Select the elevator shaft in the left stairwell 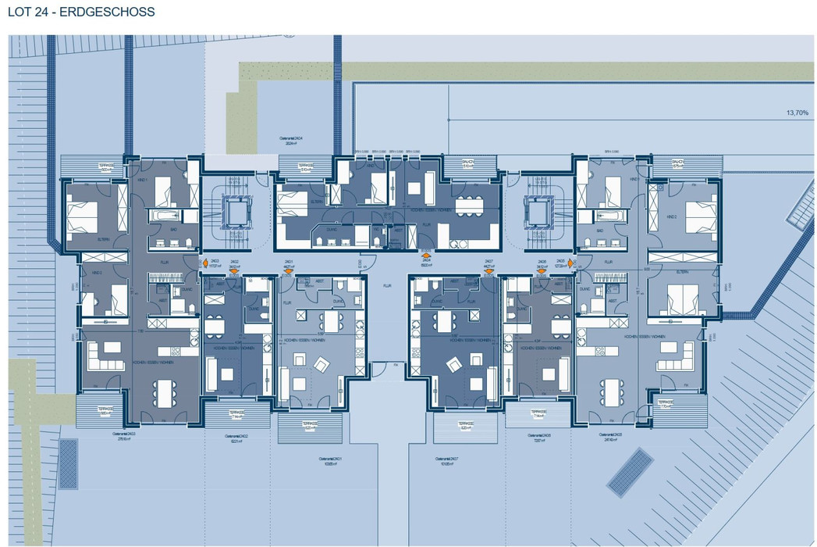pyautogui.click(x=234, y=210)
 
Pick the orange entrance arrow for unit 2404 pyautogui.click(x=426, y=254)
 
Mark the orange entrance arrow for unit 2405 pyautogui.click(x=570, y=263)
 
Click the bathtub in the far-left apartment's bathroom pyautogui.click(x=165, y=214)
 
